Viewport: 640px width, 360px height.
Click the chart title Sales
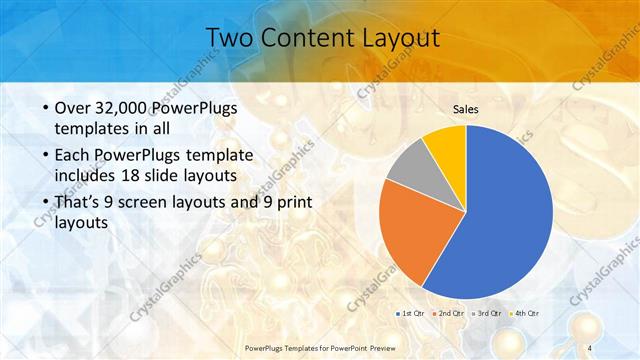pos(466,108)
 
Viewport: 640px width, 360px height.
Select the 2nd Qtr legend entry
pos(451,313)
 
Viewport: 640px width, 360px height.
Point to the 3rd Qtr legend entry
pos(489,313)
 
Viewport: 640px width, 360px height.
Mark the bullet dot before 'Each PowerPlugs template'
pos(45,156)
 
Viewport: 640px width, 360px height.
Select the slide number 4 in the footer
pos(590,347)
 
